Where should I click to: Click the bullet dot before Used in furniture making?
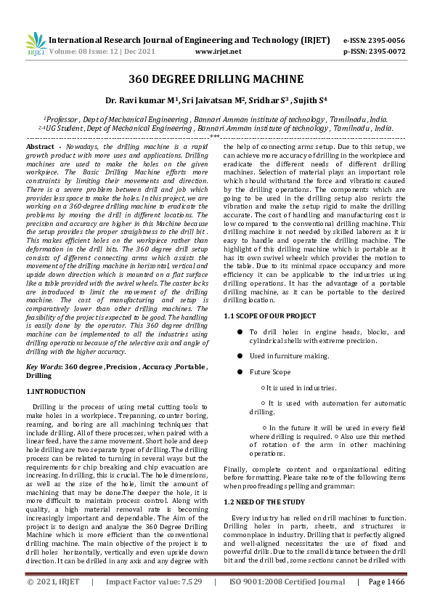[240, 356]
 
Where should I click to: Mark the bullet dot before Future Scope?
[240, 372]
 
